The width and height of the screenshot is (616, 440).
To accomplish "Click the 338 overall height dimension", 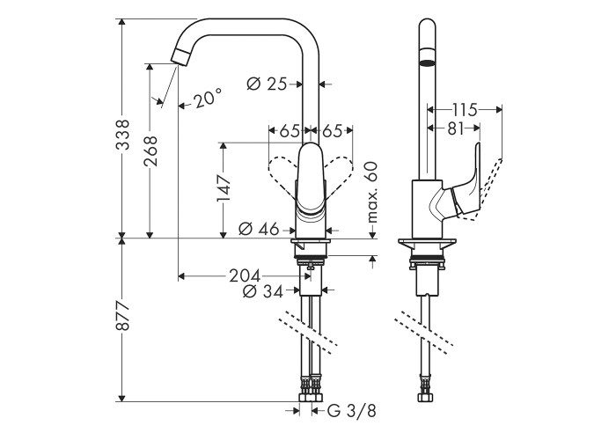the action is [x=124, y=135].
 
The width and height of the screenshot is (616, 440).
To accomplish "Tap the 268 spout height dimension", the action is [x=150, y=150].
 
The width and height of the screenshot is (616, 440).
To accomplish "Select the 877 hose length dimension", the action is [x=124, y=316].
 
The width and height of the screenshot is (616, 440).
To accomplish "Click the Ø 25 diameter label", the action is [x=267, y=84].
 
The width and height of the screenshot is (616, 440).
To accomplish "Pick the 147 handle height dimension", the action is [x=224, y=188].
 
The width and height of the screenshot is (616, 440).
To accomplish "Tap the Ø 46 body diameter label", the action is [x=259, y=229].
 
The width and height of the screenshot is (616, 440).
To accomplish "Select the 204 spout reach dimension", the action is [x=245, y=275].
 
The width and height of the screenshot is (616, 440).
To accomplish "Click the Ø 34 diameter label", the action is [x=263, y=291].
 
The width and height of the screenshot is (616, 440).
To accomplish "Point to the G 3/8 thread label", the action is [x=352, y=411].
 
